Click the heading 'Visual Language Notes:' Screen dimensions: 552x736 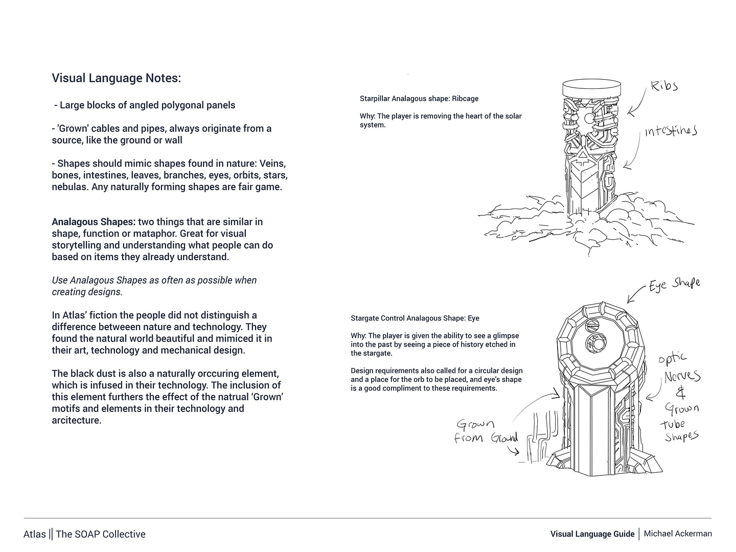(117, 78)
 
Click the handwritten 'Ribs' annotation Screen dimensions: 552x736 (664, 86)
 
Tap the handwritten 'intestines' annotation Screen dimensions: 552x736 (670, 131)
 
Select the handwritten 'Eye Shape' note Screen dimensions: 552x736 (674, 284)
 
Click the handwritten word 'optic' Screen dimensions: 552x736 (673, 359)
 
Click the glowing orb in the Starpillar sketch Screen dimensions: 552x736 (589, 119)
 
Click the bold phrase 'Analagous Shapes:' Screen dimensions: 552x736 (94, 222)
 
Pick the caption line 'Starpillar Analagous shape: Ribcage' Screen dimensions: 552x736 (419, 99)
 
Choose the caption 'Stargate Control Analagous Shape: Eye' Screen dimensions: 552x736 (415, 318)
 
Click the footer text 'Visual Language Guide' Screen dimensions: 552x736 (592, 534)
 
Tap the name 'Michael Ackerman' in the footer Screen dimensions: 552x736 (677, 534)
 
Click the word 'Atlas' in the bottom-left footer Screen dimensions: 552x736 (34, 534)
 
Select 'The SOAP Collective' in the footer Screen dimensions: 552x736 (100, 534)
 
